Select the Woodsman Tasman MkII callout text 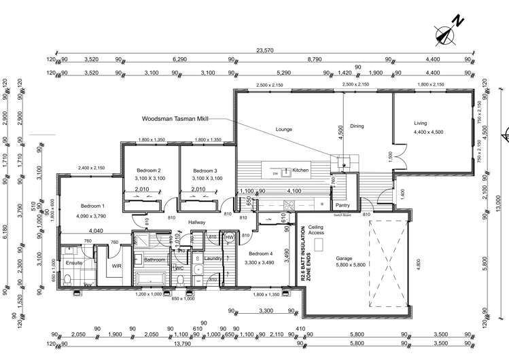click(x=173, y=118)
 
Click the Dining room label click(x=357, y=126)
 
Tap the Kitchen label click(x=301, y=170)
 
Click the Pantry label click(x=342, y=204)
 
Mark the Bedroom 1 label click(x=93, y=205)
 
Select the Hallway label click(x=196, y=221)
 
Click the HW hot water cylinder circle click(x=230, y=236)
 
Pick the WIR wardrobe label click(x=116, y=266)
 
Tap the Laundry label click(x=213, y=259)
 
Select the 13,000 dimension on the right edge click(x=498, y=202)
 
